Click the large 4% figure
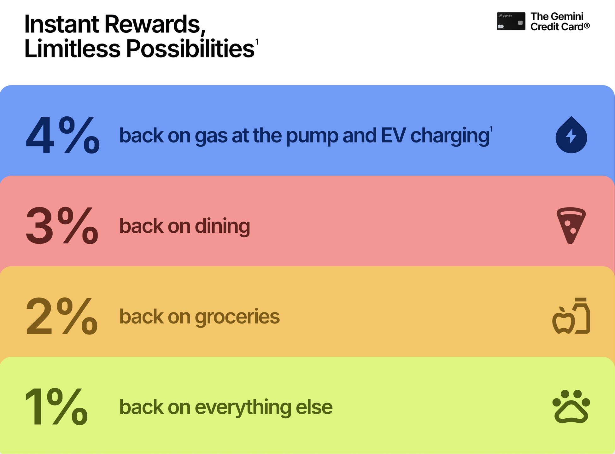tap(63, 135)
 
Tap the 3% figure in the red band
tap(62, 226)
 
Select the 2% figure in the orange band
tap(62, 316)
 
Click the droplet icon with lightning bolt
tap(571, 135)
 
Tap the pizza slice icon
tap(571, 225)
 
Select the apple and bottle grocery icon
tap(571, 316)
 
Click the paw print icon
tap(571, 406)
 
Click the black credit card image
tap(511, 21)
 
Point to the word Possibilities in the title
tap(190, 49)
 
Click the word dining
tap(222, 226)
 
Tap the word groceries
tap(237, 317)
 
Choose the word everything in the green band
tap(243, 407)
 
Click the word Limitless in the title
tap(73, 49)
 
